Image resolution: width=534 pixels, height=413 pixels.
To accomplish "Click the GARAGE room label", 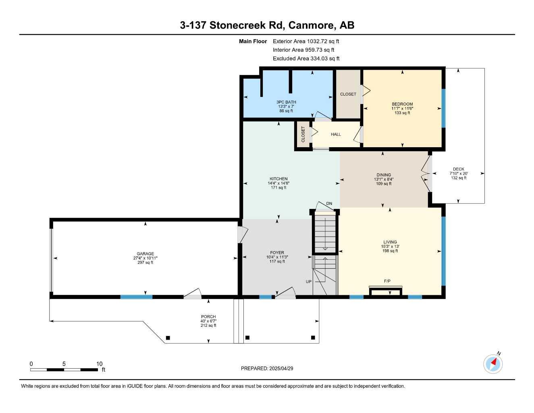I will pos(145,254).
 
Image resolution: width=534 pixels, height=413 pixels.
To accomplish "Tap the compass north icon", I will pos(493,364).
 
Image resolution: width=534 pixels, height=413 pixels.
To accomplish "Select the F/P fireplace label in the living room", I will pos(387,281).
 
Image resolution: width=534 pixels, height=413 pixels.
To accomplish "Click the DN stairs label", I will pos(329,204).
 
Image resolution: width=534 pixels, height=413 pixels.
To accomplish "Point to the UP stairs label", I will pos(308,282).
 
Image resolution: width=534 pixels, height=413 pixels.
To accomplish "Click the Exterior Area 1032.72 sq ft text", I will pos(306,41).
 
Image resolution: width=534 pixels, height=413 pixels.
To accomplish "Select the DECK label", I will pos(458,169).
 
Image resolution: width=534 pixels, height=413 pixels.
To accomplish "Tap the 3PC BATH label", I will pos(286,102).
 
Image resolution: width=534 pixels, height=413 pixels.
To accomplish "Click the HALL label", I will pos(336,134).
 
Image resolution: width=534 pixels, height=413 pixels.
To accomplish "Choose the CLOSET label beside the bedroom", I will pos(348,94).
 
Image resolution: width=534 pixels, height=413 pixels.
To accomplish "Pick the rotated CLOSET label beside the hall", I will pos(303,134).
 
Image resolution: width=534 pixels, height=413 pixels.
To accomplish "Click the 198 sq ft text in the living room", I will pos(390,251).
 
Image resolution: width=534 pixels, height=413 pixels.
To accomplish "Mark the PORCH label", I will pos(208,317).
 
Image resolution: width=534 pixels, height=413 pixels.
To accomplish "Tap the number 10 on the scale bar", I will pos(99,364).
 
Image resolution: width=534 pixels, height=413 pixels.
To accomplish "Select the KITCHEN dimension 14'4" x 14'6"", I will pos(278,183).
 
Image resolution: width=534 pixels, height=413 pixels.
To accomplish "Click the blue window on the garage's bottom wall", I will pos(136,297).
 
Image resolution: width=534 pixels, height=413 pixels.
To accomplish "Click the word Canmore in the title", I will pos(312,25).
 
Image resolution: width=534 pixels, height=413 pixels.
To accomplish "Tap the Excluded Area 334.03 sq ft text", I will pos(306,58).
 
